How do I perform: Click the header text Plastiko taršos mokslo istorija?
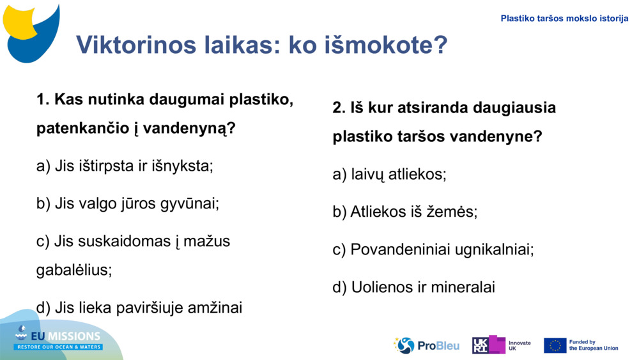point(564,19)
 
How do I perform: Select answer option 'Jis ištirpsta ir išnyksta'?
point(125,166)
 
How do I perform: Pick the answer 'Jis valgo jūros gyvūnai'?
point(128,204)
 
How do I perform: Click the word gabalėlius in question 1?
point(74,269)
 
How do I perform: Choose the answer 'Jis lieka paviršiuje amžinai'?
point(139,308)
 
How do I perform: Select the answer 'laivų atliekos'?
point(389,174)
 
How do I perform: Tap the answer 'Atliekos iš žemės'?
point(404,212)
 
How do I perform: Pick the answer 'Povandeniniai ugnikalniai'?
point(433,249)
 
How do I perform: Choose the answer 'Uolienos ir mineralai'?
point(413,287)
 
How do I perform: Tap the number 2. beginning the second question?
point(339,107)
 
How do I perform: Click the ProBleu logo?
point(426,345)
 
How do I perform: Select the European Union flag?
point(555,345)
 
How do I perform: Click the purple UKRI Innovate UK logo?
point(489,345)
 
